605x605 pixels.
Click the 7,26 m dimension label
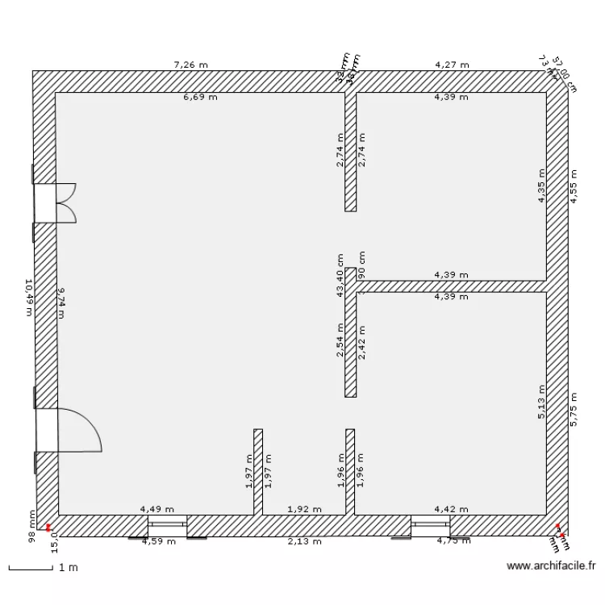pos(190,64)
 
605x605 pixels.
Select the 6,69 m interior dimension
pos(200,98)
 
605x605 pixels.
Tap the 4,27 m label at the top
pos(450,64)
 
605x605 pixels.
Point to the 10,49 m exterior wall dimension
pos(29,298)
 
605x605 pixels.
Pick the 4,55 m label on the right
pos(574,186)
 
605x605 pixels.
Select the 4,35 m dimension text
pos(542,186)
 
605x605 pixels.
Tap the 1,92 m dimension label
pos(305,509)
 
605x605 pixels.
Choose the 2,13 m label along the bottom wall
pos(305,541)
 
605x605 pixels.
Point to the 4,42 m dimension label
pos(450,509)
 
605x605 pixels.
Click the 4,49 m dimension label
pos(156,509)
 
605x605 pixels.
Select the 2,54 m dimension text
pos(341,340)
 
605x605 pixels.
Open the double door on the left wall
pos(56,202)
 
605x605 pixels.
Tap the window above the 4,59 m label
pos(167,526)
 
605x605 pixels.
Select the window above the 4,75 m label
pos(430,526)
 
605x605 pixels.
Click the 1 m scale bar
pos(32,568)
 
